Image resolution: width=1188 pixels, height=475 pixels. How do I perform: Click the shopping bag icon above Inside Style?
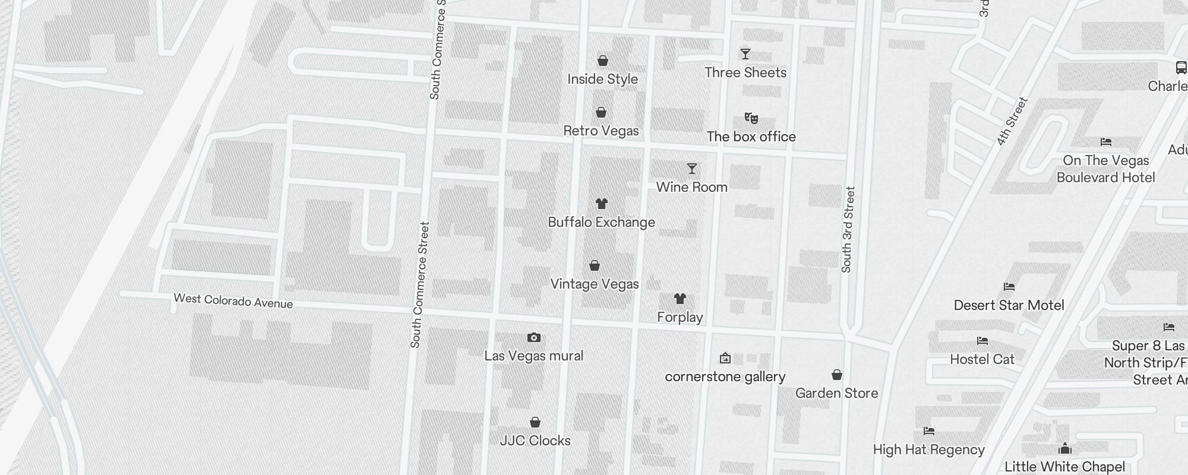click(602, 61)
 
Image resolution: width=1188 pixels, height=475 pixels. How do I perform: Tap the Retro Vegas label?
click(601, 131)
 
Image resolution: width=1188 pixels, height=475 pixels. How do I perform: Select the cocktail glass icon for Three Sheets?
click(745, 54)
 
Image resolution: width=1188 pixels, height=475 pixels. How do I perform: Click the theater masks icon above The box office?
click(751, 118)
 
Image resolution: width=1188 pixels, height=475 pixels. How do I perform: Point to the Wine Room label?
click(691, 187)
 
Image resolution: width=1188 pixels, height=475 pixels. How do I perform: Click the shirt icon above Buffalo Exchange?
click(602, 204)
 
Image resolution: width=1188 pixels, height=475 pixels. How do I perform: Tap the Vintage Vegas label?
click(594, 284)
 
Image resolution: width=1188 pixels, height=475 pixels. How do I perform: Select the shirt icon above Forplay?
click(680, 299)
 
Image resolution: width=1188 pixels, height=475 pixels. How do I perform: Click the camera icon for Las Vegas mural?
click(534, 337)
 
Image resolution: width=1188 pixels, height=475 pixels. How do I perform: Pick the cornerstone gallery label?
click(725, 376)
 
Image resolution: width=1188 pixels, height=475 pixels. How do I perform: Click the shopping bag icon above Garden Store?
click(836, 375)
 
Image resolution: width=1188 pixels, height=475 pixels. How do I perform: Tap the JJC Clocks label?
click(535, 441)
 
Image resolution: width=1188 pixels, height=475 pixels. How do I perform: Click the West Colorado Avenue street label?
click(233, 301)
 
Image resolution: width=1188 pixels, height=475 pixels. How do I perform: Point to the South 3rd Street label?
click(848, 230)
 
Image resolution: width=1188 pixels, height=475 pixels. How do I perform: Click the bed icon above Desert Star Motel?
click(1009, 287)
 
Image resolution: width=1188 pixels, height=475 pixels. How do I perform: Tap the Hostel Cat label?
click(982, 359)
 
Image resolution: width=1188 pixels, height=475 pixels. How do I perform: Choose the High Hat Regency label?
click(928, 449)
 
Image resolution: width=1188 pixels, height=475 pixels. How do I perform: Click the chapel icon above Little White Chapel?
click(1065, 448)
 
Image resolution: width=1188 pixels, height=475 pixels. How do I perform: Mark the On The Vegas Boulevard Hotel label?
click(1105, 169)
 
